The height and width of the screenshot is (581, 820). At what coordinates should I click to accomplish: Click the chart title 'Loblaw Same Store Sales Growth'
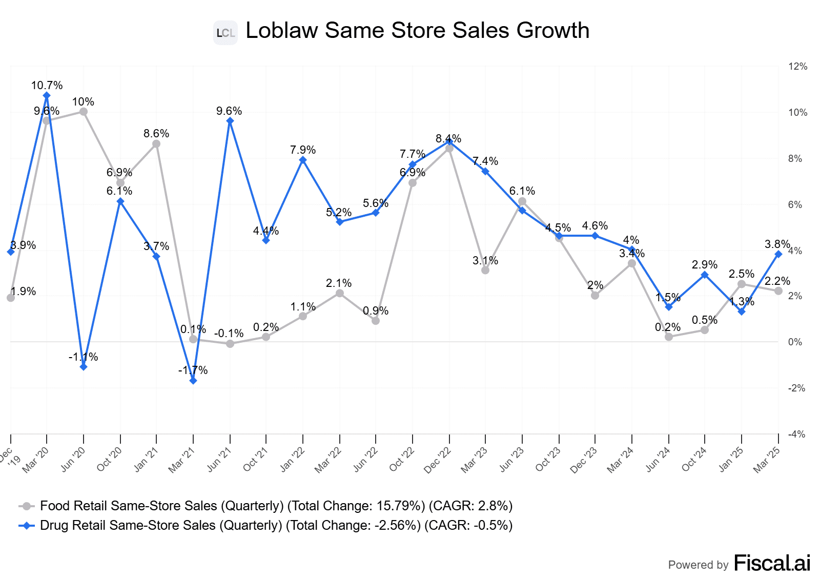click(417, 30)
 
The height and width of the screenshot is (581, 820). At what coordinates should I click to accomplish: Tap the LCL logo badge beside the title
click(225, 33)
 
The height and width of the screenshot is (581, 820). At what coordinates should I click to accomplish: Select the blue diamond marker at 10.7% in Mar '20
click(47, 96)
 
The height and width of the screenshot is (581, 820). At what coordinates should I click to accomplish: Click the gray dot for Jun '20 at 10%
click(84, 112)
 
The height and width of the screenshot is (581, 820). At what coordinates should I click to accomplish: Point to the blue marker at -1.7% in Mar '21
click(193, 381)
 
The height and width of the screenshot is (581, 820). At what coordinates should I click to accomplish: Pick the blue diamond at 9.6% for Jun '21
click(230, 121)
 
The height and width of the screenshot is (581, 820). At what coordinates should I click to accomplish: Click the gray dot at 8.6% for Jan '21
click(156, 144)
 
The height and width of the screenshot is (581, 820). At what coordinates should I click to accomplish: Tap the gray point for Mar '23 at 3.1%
click(485, 270)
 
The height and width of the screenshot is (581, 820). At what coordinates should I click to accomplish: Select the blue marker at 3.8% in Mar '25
click(778, 254)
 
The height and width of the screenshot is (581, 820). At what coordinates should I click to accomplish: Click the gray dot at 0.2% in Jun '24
click(669, 337)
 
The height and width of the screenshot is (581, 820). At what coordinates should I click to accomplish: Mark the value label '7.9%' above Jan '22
click(303, 150)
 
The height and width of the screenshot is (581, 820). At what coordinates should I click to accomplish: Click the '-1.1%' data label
click(83, 357)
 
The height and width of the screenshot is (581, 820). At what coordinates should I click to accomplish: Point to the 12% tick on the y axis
click(797, 67)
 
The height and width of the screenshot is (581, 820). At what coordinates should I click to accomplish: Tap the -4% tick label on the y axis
click(796, 434)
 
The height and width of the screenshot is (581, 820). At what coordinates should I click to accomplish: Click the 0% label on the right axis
click(795, 342)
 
